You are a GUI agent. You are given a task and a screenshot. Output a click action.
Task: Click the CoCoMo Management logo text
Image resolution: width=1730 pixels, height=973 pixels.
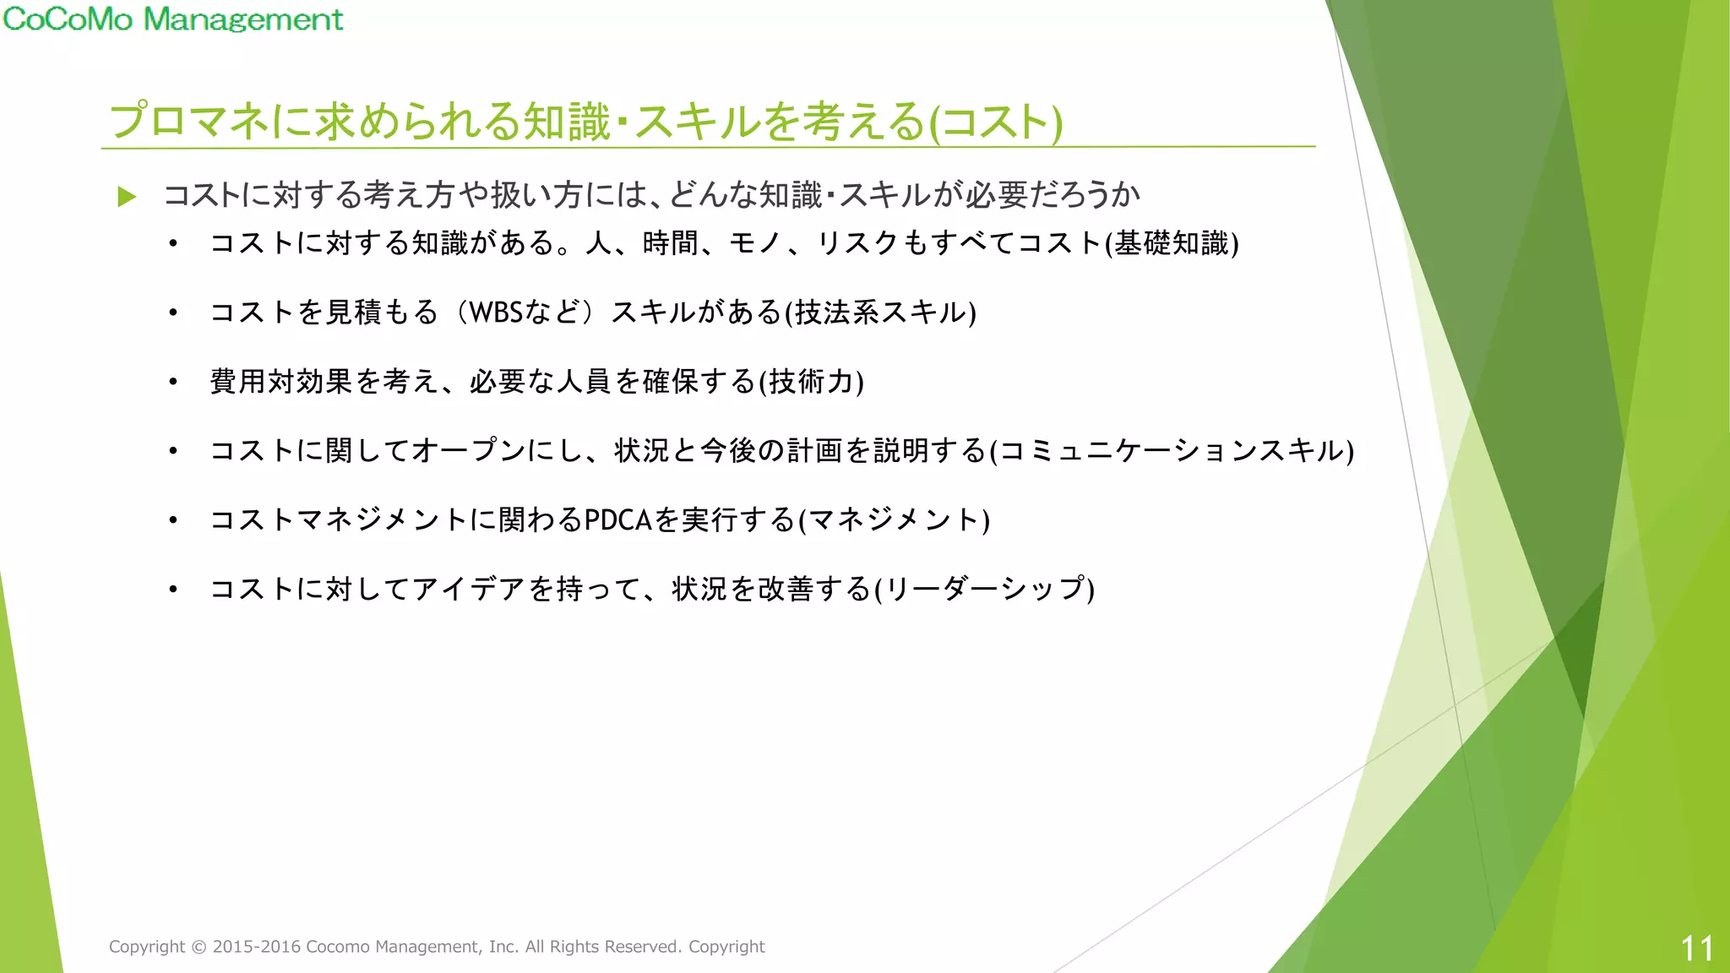point(172,19)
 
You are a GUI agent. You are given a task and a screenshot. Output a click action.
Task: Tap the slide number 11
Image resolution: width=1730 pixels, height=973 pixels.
point(1696,949)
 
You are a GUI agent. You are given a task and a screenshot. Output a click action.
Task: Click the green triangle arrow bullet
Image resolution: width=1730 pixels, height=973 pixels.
point(127,197)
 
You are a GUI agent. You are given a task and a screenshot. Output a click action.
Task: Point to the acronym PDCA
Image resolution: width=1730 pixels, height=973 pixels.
point(618,519)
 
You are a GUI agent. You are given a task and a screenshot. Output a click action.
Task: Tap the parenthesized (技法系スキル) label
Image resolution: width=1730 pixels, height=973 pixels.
point(880,313)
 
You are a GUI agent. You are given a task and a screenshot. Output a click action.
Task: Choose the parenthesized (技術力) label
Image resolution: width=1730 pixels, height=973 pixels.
point(811,382)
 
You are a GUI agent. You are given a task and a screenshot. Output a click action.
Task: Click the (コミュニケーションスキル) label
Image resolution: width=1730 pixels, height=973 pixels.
point(1172,451)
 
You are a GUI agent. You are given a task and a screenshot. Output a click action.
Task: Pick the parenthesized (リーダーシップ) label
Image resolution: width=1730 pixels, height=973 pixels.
point(984,589)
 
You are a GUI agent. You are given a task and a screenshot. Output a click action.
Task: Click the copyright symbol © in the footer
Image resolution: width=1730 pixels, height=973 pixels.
point(199,947)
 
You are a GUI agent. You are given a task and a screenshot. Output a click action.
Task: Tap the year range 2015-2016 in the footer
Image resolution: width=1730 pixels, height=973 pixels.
point(257,947)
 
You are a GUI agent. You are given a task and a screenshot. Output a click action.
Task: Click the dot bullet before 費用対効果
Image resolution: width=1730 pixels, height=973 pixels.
point(173,382)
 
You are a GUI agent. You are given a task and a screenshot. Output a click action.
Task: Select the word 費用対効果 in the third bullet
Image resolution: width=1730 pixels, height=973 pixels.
point(281,382)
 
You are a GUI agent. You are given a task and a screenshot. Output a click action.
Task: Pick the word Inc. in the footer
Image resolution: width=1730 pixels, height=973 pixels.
point(503,947)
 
